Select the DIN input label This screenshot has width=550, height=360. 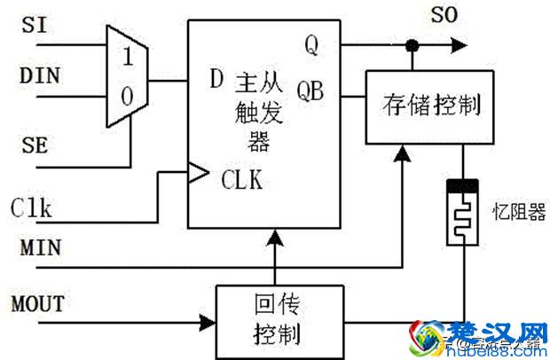[40, 75]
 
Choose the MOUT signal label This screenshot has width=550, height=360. [38, 303]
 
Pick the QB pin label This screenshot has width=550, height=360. [311, 90]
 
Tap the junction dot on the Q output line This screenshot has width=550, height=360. [411, 44]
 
